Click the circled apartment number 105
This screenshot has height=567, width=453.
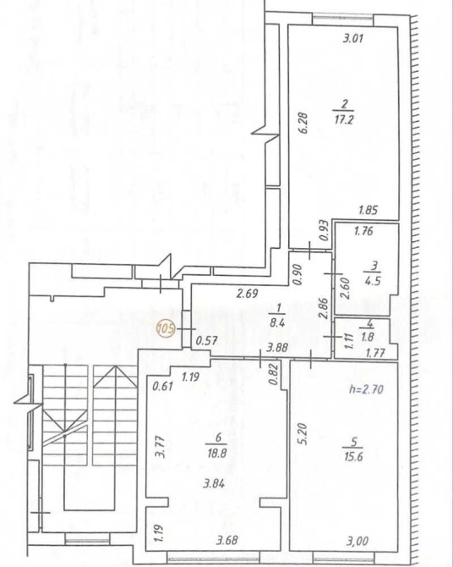[x=166, y=329]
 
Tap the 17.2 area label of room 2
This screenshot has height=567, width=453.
[x=344, y=119]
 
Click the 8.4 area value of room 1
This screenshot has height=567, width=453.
[x=277, y=322]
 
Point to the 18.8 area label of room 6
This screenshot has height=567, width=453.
[x=216, y=453]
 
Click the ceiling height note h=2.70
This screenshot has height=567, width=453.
[x=366, y=389]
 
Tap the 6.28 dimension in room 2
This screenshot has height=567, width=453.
[x=303, y=124]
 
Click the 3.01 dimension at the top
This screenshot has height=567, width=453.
[x=352, y=38]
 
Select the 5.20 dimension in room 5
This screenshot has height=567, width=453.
[x=303, y=434]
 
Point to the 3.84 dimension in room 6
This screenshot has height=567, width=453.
[x=214, y=483]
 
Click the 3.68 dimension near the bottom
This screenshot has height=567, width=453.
[x=227, y=540]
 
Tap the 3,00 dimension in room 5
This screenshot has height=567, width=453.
[x=357, y=541]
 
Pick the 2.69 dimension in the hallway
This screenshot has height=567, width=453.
[x=247, y=294]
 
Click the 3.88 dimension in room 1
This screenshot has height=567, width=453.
[x=277, y=348]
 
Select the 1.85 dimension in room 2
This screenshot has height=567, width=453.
[x=368, y=210]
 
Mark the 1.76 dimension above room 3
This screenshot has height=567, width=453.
[x=363, y=231]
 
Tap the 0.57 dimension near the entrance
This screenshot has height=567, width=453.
[x=206, y=341]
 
